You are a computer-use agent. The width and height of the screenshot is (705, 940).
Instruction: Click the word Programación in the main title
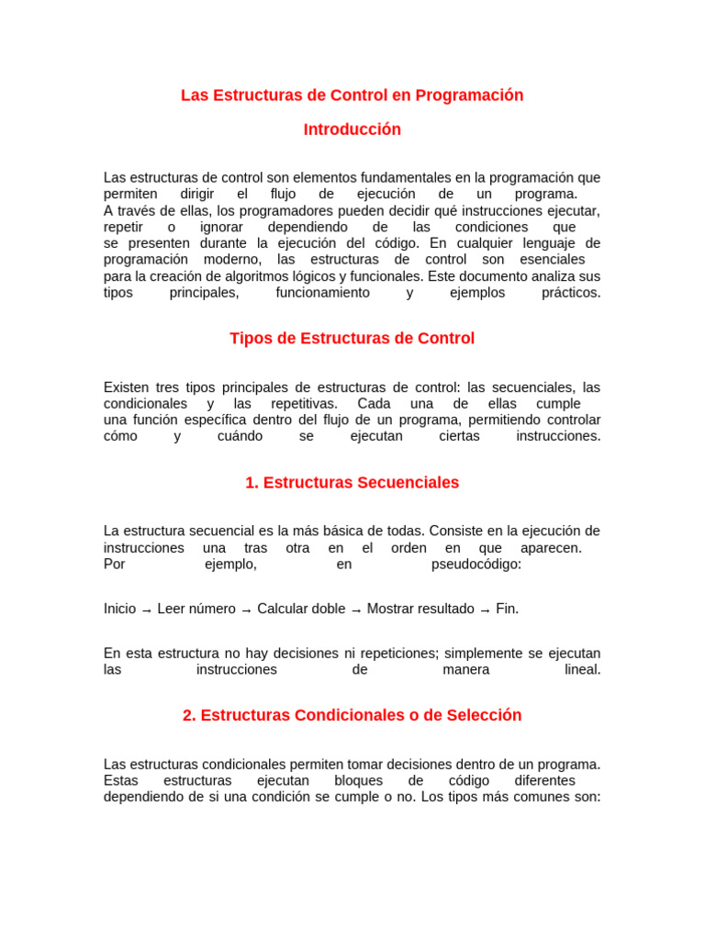click(x=469, y=95)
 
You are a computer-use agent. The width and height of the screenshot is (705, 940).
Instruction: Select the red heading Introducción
click(x=352, y=129)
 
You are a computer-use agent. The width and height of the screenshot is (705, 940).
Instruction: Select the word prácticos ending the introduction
click(x=570, y=293)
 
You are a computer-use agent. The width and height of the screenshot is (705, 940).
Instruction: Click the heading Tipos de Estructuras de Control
click(x=352, y=339)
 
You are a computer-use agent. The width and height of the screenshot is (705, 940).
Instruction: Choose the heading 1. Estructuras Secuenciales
click(x=352, y=483)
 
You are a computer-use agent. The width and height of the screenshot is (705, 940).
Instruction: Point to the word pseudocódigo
click(x=476, y=565)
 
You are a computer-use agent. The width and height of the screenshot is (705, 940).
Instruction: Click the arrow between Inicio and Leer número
click(x=147, y=610)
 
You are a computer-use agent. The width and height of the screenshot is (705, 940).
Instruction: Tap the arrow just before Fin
click(x=485, y=610)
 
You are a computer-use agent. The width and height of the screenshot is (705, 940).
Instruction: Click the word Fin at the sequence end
click(x=507, y=609)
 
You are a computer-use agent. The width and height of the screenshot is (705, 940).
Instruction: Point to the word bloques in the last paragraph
click(x=359, y=780)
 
